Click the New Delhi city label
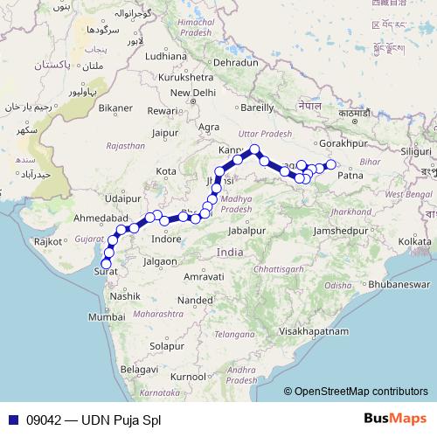[192, 93]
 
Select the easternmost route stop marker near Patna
[330, 164]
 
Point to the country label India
[230, 251]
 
